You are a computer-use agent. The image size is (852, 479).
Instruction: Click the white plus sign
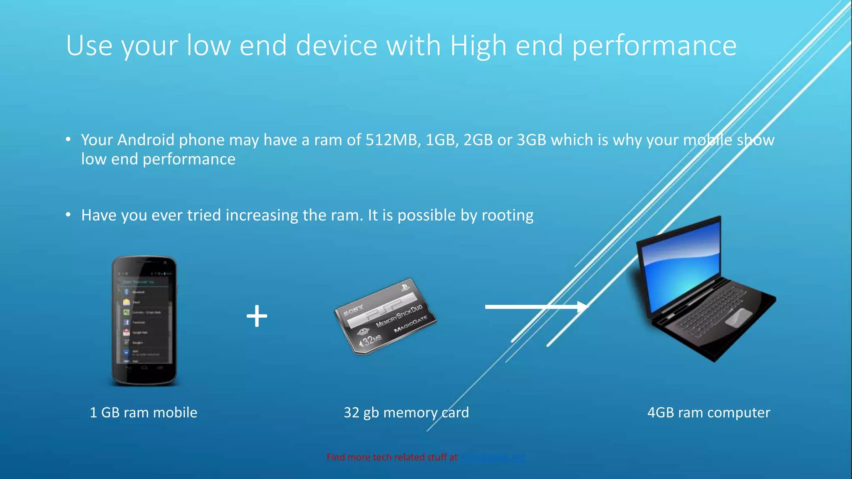point(257,316)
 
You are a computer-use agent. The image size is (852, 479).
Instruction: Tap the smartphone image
point(144,320)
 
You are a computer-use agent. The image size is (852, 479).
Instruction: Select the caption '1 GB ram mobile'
point(144,412)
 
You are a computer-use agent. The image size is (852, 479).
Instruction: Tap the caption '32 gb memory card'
point(406,412)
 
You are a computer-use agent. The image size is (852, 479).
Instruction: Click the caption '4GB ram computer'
point(708,412)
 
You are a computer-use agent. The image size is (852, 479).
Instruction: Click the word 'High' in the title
point(478,46)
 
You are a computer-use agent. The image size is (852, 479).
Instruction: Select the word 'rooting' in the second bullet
point(507,216)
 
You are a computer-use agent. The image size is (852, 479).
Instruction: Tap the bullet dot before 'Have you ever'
point(68,215)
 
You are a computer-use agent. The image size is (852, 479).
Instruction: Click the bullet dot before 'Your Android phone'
point(68,139)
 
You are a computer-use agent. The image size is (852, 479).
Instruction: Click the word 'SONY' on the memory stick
point(353,310)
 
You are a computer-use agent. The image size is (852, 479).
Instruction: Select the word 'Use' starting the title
point(89,46)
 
